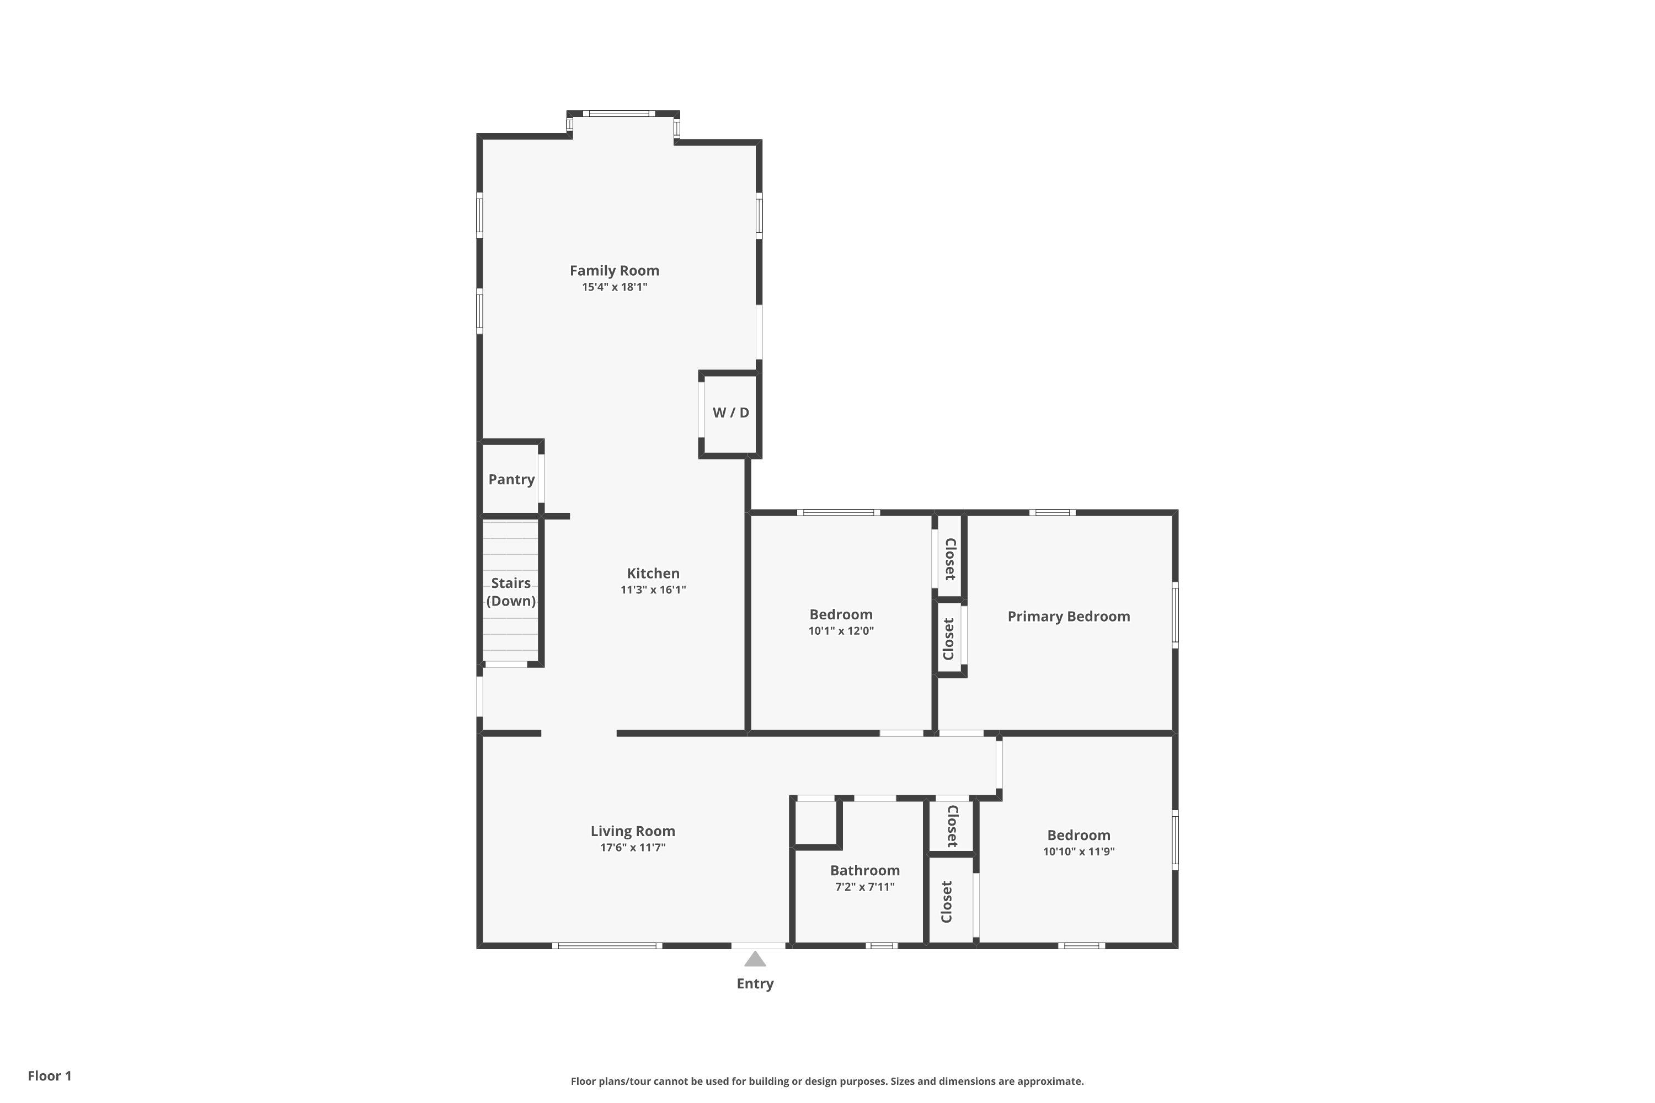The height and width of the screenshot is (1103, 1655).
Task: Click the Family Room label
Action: [x=615, y=271]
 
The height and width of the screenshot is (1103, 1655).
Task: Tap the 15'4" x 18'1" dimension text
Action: [x=615, y=287]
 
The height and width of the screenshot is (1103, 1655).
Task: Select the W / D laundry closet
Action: [x=730, y=413]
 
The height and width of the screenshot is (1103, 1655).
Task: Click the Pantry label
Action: [x=511, y=480]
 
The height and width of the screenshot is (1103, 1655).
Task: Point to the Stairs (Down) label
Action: [x=511, y=592]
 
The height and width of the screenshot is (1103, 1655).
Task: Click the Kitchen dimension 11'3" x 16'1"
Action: [x=653, y=590]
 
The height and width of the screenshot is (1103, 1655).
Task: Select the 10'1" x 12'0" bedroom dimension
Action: [x=841, y=631]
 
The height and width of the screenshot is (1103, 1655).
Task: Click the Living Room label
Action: [x=633, y=832]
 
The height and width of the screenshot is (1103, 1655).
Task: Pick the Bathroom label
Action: [x=865, y=871]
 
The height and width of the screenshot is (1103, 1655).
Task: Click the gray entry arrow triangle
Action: [x=755, y=960]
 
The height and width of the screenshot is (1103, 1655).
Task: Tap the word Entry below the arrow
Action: [x=755, y=984]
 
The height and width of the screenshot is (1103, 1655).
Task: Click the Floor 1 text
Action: [x=49, y=1075]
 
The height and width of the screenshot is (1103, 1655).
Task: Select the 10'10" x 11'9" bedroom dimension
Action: [x=1078, y=852]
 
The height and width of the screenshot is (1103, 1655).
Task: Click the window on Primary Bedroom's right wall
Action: [x=1174, y=615]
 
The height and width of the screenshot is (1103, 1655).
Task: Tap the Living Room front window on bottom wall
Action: [x=606, y=945]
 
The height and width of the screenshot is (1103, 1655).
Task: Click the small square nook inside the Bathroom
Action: [x=815, y=823]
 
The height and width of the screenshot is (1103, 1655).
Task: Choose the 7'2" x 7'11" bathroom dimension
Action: [x=865, y=887]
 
